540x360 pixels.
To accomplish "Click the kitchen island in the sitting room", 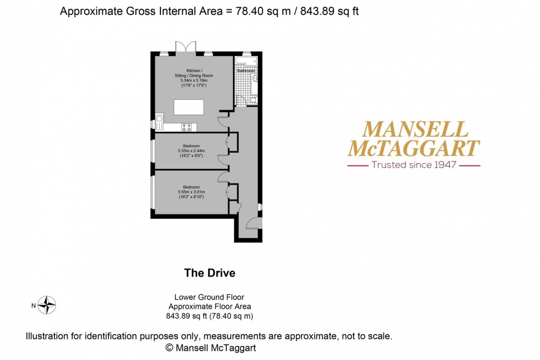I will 188,107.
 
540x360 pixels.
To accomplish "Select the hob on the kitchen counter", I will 187,127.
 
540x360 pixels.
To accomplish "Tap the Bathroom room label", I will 246,71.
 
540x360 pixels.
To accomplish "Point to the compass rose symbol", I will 47,305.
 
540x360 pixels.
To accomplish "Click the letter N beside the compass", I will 33,305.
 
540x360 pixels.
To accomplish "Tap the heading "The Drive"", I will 209,273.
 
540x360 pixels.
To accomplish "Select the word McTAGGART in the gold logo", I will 413,148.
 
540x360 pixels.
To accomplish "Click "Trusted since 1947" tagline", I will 413,165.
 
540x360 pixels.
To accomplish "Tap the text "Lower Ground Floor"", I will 209,297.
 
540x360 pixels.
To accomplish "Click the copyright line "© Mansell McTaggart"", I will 210,348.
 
